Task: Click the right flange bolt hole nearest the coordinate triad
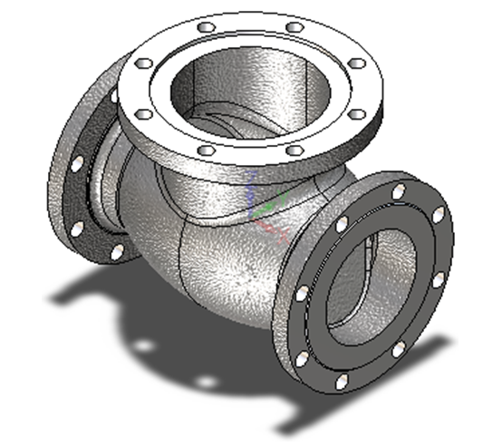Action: (x=342, y=225)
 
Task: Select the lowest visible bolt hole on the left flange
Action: (x=116, y=249)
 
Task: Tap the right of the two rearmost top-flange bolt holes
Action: (x=293, y=28)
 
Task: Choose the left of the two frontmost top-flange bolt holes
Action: (x=207, y=149)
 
